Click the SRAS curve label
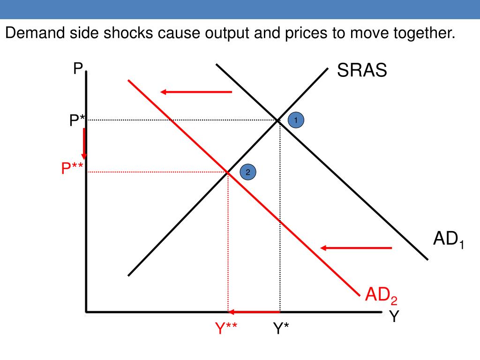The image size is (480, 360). [362, 71]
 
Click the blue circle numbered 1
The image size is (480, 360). [296, 120]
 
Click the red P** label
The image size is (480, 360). [73, 168]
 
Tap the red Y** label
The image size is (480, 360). [226, 329]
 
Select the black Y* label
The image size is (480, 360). [281, 329]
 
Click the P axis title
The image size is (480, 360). [77, 69]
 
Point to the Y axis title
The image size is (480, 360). [394, 317]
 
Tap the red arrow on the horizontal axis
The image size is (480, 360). [254, 312]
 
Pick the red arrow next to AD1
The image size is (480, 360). [356, 247]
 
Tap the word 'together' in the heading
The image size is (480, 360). [423, 34]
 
